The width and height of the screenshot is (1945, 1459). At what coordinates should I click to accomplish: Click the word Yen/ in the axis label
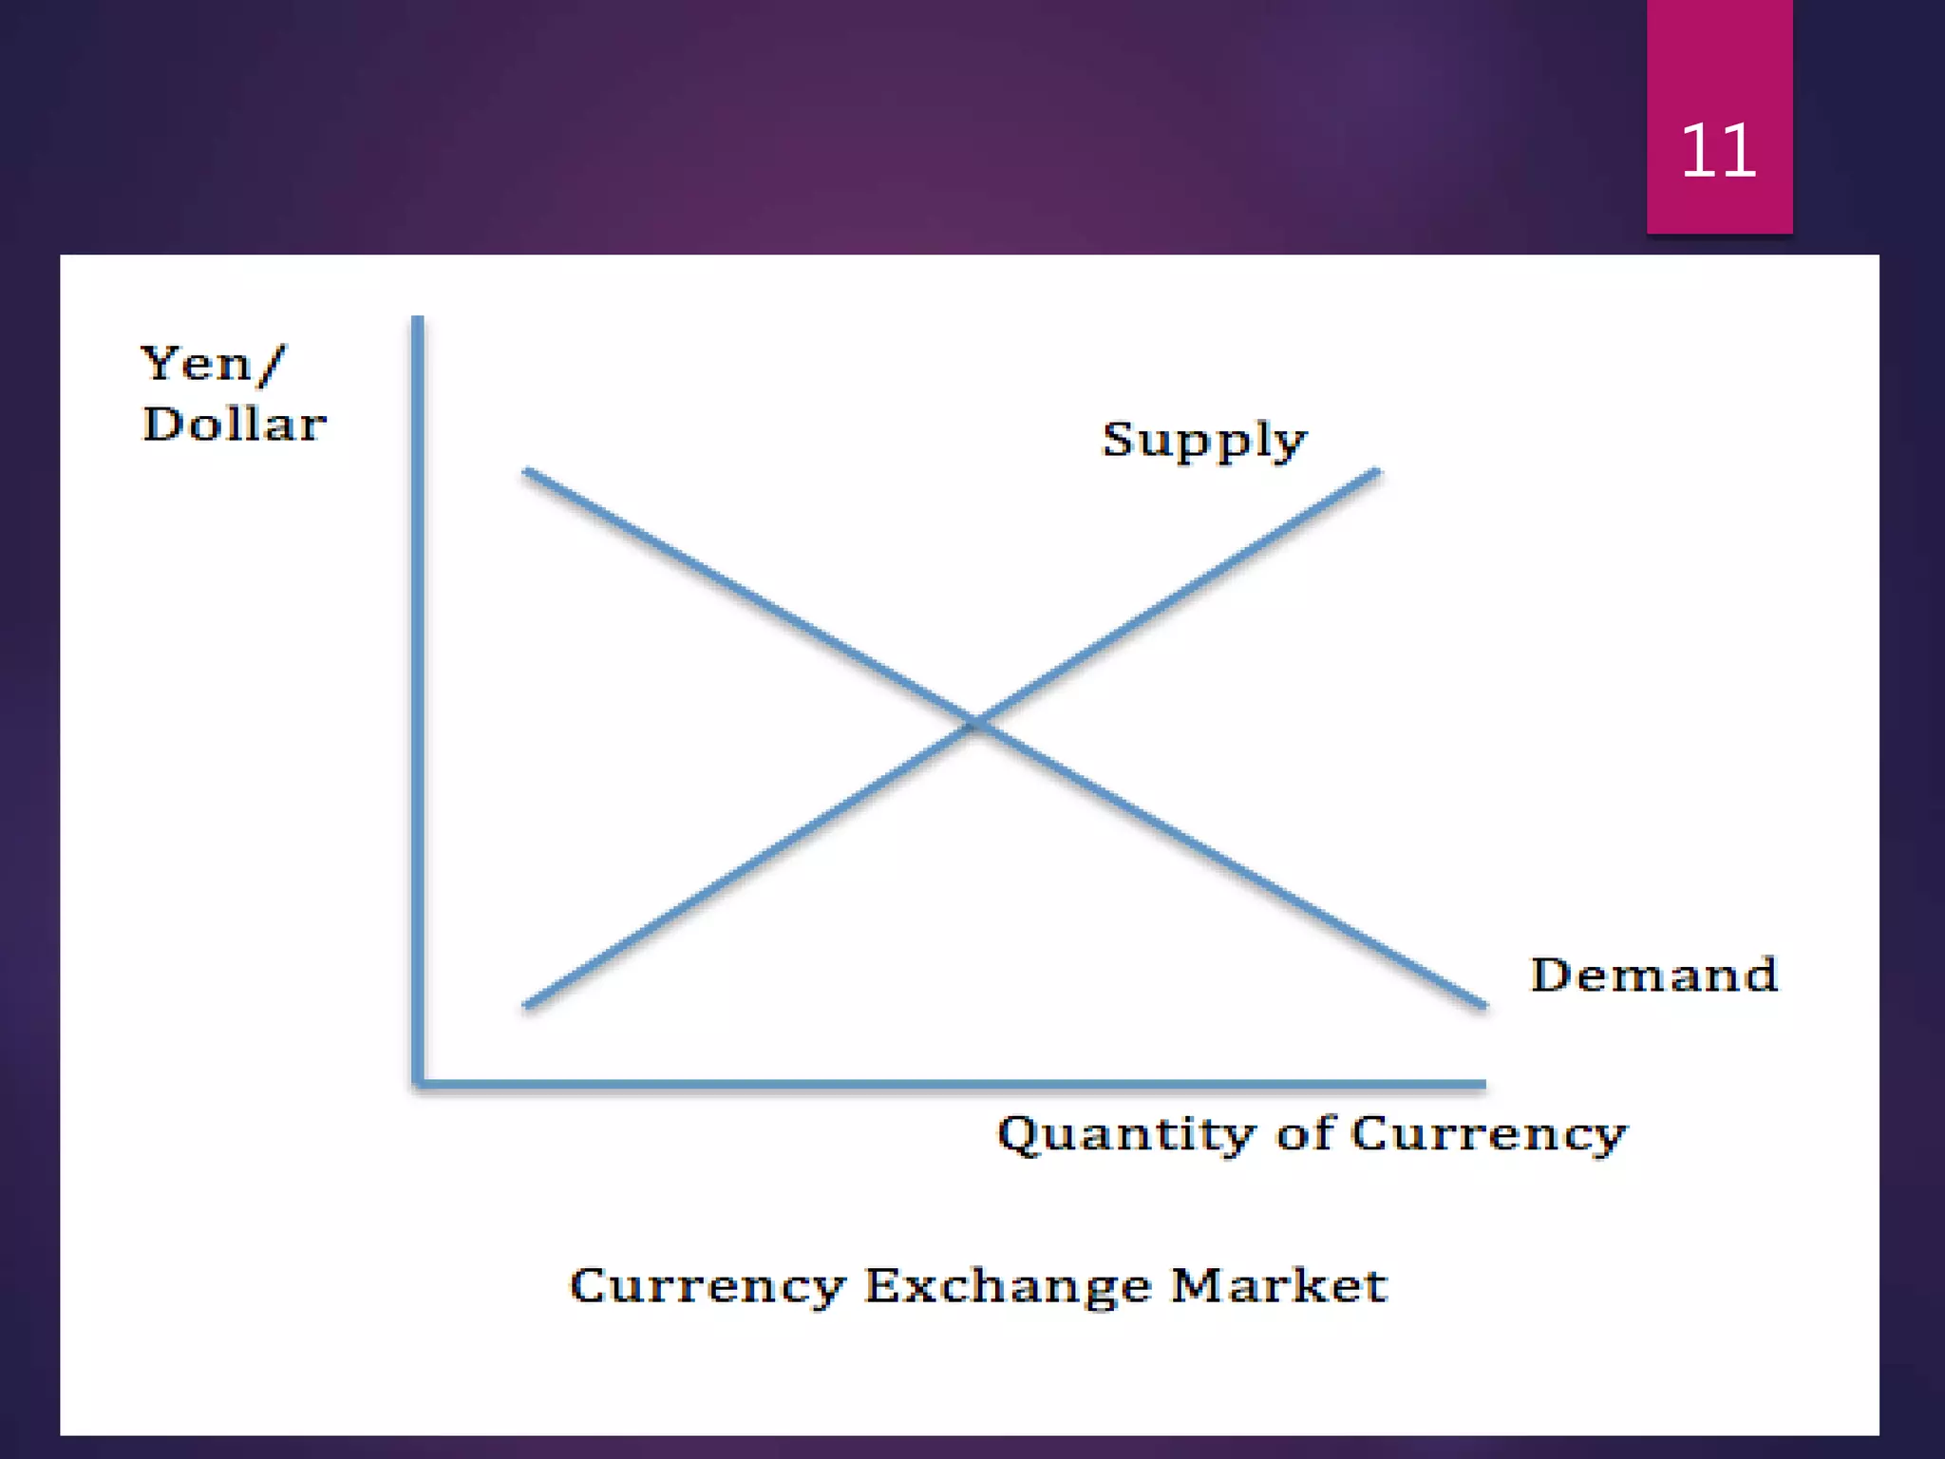click(x=212, y=364)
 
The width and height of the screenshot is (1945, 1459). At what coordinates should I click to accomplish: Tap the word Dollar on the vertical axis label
click(x=234, y=424)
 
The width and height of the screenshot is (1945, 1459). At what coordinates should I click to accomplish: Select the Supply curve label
click(x=1203, y=441)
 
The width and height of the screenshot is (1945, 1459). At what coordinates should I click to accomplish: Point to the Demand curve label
click(x=1653, y=975)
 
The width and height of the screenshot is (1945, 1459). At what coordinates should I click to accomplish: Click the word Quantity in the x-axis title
click(x=1126, y=1134)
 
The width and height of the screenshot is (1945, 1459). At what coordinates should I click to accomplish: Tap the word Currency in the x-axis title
click(x=1488, y=1134)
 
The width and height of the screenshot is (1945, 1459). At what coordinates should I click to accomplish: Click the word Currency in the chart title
click(x=707, y=1287)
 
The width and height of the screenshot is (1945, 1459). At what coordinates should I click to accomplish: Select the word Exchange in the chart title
click(x=1008, y=1287)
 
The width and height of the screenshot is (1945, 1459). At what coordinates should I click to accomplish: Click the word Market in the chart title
click(x=1278, y=1285)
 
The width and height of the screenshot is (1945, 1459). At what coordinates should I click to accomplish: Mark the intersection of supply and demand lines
click(x=975, y=724)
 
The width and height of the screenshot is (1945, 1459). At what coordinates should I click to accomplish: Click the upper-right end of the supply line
click(x=1377, y=471)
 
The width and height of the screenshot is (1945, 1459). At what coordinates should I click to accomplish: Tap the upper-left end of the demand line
click(x=526, y=470)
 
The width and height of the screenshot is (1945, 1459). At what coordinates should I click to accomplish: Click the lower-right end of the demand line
click(x=1483, y=1004)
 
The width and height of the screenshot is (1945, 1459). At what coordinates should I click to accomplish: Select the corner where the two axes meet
click(x=418, y=1083)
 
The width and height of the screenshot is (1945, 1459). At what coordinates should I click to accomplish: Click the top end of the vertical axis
click(x=418, y=319)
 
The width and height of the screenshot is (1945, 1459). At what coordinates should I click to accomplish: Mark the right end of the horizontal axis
click(x=1483, y=1083)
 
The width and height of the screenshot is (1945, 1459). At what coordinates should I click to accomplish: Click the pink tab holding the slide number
click(x=1719, y=57)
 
